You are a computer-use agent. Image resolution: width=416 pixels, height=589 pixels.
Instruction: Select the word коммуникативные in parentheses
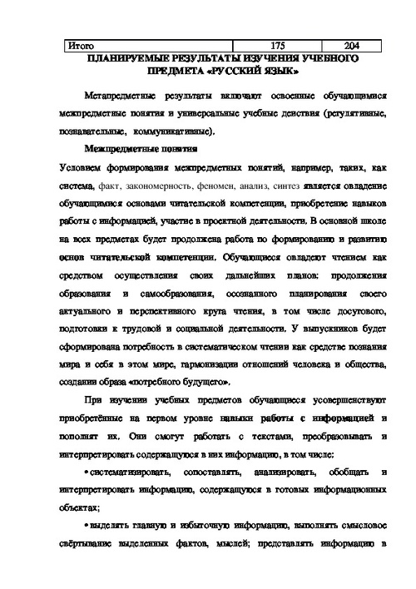point(176,131)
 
